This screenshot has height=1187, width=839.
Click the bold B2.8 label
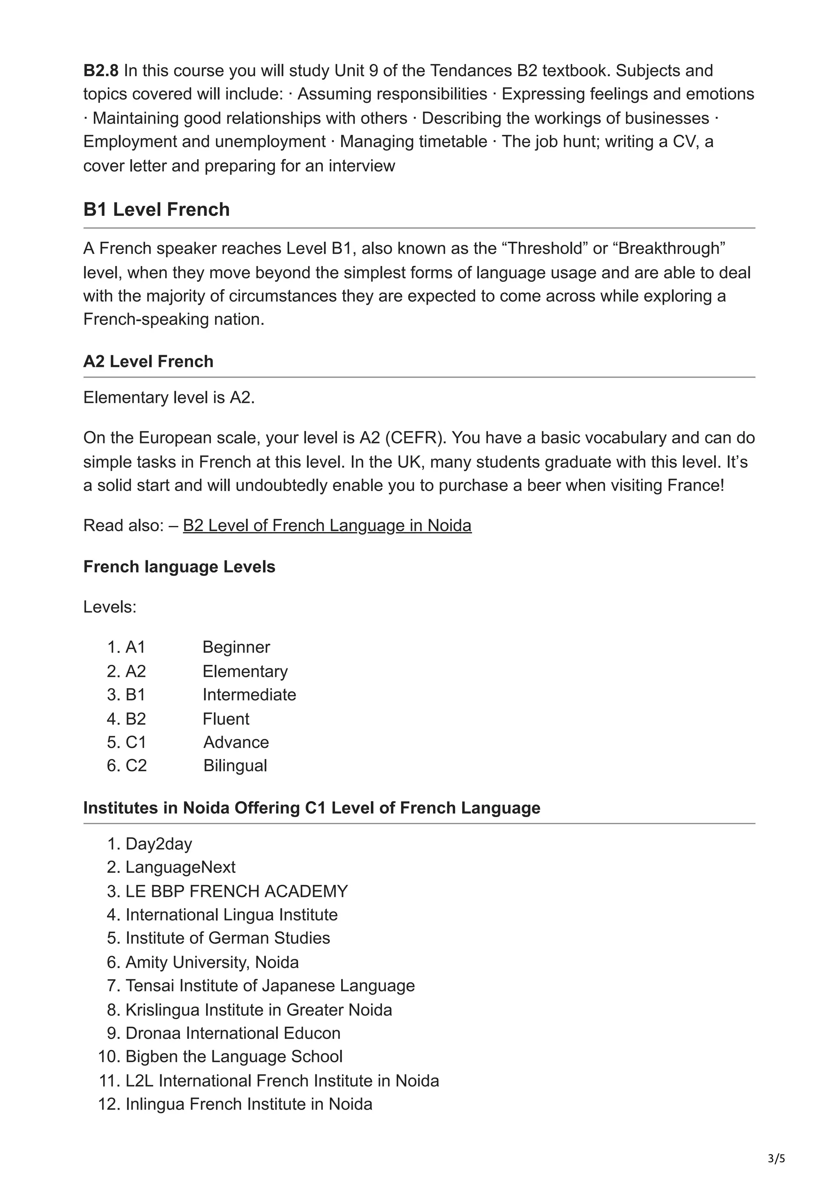pos(101,70)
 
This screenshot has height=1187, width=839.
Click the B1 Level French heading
pos(156,209)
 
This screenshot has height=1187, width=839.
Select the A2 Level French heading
pos(148,361)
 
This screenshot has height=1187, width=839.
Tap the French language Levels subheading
pos(179,566)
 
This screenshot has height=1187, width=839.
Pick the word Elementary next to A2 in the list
pos(245,671)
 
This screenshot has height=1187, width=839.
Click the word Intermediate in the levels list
pos(249,694)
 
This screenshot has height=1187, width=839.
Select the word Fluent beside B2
pos(225,718)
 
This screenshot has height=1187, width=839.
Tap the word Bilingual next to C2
pos(235,765)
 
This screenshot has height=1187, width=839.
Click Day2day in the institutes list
pos(158,844)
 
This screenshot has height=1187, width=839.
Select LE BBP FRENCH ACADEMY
pos(236,891)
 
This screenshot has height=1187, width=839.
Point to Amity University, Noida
pos(212,962)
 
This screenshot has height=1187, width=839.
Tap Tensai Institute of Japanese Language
pos(270,985)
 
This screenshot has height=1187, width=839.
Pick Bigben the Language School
pos(234,1056)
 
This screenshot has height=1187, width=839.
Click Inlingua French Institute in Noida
pos(249,1104)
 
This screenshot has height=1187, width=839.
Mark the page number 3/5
pos(776,1159)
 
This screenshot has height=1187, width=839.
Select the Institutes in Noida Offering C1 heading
pos(311,808)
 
